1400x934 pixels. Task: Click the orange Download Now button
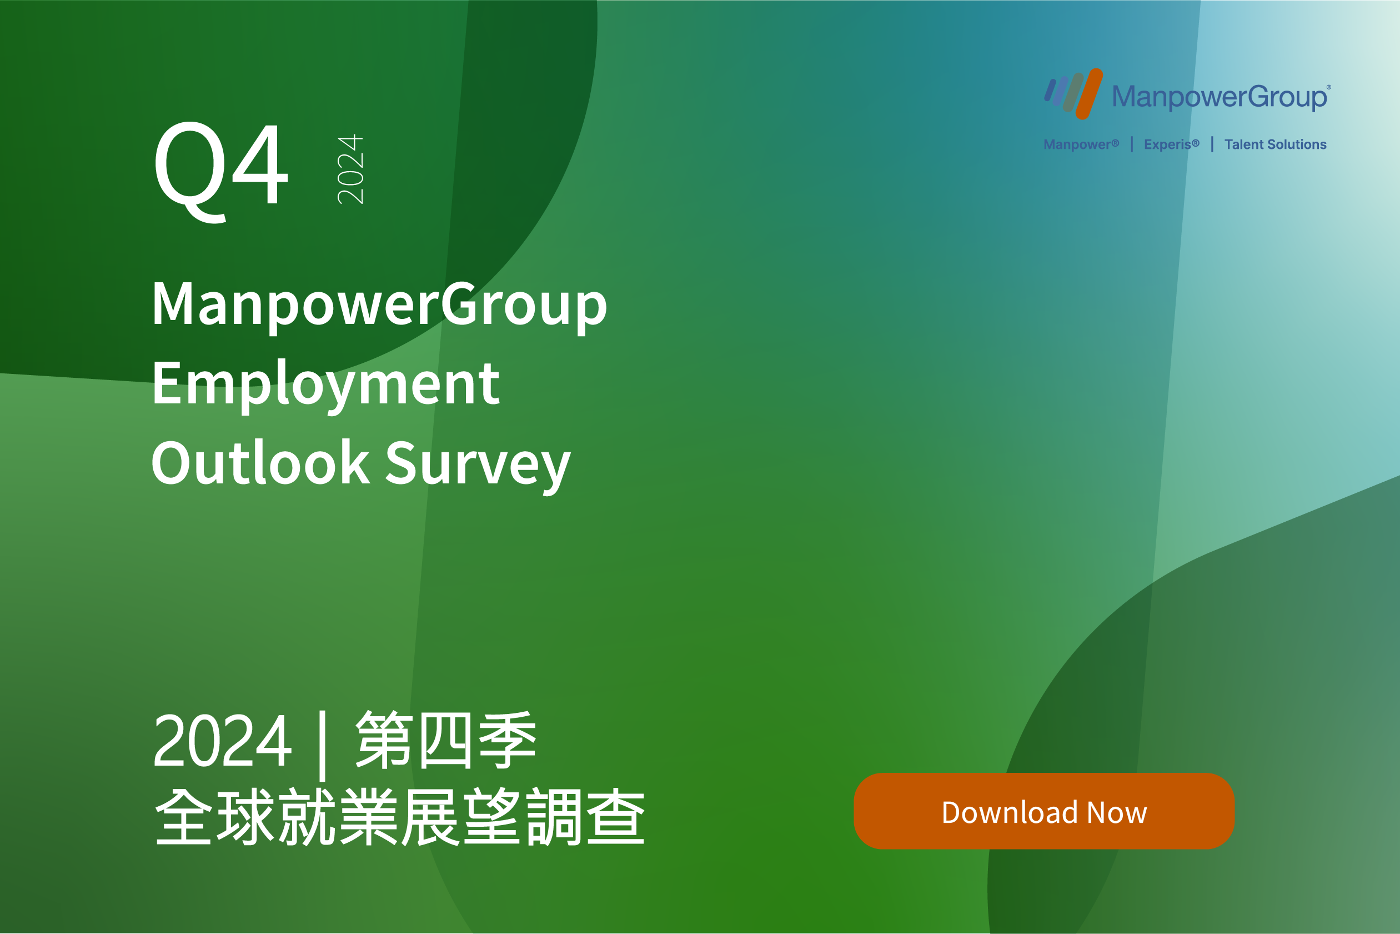coord(1044,811)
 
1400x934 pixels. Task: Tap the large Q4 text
coord(221,172)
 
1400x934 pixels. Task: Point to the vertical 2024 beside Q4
coord(350,169)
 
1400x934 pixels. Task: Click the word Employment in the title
coord(325,386)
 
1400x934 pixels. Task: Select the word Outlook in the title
coord(260,463)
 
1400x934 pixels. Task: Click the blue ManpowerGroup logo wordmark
coord(1221,97)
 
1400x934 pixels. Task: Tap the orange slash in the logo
coord(1089,93)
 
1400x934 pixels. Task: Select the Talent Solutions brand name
coord(1275,144)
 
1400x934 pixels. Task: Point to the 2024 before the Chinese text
coord(222,741)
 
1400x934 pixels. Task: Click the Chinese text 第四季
coord(446,741)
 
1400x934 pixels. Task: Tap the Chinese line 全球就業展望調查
coord(400,817)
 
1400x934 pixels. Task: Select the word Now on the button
coord(1117,813)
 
